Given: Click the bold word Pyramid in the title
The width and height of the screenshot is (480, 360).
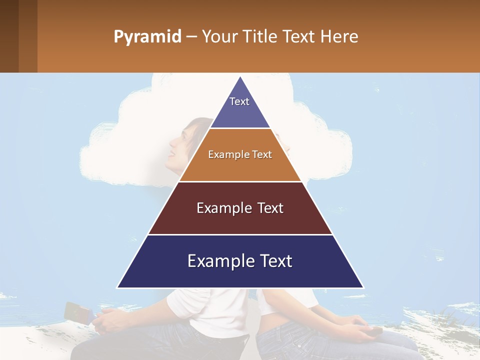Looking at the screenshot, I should click(147, 37).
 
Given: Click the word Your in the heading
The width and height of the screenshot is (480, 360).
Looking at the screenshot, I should click(219, 37).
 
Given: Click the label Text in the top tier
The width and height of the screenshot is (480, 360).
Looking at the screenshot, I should click(239, 101).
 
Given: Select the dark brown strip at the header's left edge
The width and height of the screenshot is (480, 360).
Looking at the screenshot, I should click(9, 36).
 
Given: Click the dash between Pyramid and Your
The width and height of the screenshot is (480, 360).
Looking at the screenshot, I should click(191, 37).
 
